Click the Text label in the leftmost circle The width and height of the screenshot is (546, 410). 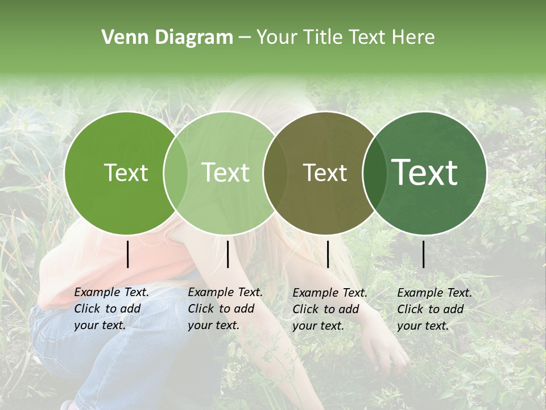(x=126, y=173)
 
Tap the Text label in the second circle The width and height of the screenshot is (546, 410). (x=225, y=173)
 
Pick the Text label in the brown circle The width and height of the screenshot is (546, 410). (x=325, y=173)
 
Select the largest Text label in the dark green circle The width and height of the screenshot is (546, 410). (x=425, y=173)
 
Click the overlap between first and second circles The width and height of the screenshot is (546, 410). (x=175, y=173)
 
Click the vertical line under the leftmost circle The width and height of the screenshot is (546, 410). (x=127, y=254)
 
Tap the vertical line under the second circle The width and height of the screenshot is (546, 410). (x=227, y=254)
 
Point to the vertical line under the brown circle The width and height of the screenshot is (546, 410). (x=328, y=254)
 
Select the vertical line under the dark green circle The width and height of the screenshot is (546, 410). (x=424, y=254)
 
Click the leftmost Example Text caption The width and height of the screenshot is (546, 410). (x=111, y=309)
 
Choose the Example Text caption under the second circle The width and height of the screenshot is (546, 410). (x=225, y=309)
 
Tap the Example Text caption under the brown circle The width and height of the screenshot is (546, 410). (x=329, y=309)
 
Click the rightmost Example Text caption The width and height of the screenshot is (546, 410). (x=434, y=309)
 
